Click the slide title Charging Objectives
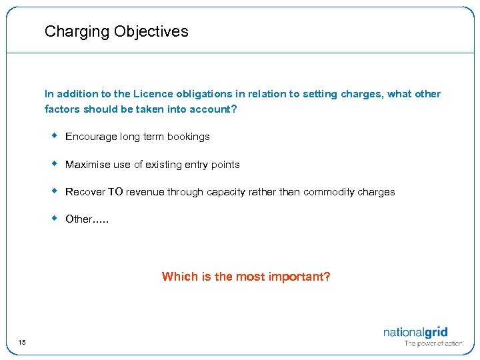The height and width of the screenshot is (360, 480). tap(116, 31)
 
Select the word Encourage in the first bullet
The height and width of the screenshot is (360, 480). tap(91, 137)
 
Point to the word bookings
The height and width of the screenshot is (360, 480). tap(189, 137)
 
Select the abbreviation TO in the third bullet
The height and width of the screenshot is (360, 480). tap(115, 192)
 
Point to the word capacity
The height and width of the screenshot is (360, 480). tap(226, 192)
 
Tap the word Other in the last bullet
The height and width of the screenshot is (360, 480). tap(79, 219)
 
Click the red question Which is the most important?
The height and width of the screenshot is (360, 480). tap(246, 277)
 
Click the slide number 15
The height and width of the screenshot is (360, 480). tap(22, 343)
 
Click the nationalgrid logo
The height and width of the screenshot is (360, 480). tap(415, 331)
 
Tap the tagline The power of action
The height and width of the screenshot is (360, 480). tap(433, 344)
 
